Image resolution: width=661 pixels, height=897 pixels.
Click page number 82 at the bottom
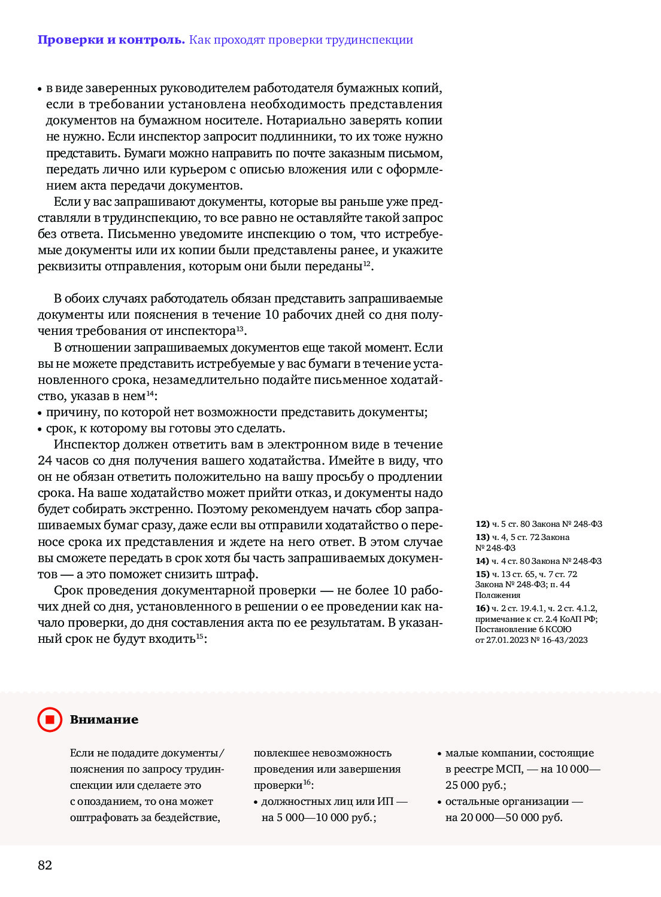[45, 865]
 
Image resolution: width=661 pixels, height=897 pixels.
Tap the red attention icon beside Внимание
[50, 719]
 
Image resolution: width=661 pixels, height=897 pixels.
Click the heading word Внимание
[104, 719]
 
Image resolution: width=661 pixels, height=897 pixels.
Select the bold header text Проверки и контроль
[111, 40]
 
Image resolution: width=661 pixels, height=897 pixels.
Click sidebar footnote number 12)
[483, 524]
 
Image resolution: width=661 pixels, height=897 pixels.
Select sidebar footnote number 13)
[483, 537]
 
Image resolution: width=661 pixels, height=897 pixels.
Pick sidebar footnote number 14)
[483, 561]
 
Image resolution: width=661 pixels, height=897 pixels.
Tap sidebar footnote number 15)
[483, 574]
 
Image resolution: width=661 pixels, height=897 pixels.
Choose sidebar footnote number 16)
[483, 608]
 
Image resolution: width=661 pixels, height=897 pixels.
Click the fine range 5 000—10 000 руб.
[326, 817]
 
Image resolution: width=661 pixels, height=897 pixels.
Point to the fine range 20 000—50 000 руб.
[511, 817]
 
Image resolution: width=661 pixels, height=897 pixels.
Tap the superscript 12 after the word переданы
[367, 264]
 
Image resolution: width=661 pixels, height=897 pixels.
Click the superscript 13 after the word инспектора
[239, 328]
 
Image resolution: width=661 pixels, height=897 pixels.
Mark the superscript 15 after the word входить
[200, 636]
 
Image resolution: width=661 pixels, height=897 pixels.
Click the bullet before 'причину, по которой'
[40, 413]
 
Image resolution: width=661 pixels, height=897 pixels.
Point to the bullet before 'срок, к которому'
[40, 429]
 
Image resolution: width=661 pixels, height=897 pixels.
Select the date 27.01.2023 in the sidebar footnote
[507, 640]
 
